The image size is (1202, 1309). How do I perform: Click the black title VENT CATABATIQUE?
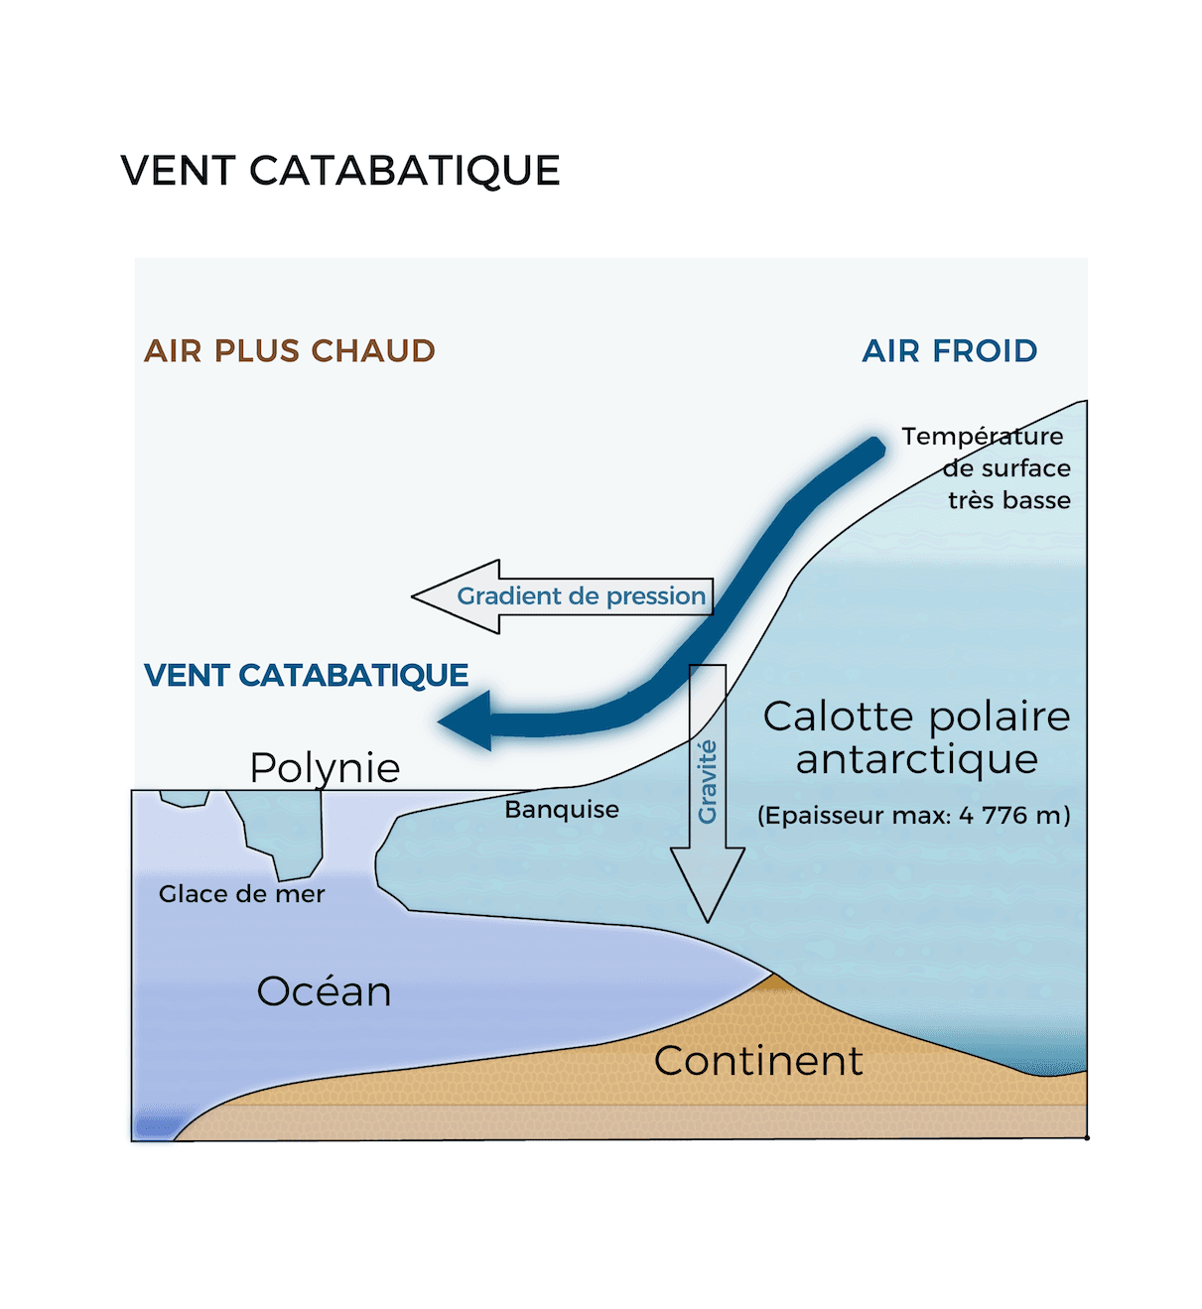340,171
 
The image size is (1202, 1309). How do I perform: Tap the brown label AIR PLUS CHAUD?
290,350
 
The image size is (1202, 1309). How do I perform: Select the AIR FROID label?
950,350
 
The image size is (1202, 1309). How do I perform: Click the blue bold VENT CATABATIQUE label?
306,675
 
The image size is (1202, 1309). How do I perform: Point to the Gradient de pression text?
581,596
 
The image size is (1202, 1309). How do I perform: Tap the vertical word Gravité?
707,782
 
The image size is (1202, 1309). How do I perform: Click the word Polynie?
325,767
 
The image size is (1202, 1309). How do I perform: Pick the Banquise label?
562,809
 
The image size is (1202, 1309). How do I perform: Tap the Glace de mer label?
242,894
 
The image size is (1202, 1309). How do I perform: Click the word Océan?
324,991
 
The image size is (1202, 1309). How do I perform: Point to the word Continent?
758,1061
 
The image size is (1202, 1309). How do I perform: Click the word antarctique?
916,759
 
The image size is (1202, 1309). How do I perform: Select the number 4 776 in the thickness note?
994,815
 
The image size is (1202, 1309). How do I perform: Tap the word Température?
982,437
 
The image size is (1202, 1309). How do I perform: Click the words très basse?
1008,500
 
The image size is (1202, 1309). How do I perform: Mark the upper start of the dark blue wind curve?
873,448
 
